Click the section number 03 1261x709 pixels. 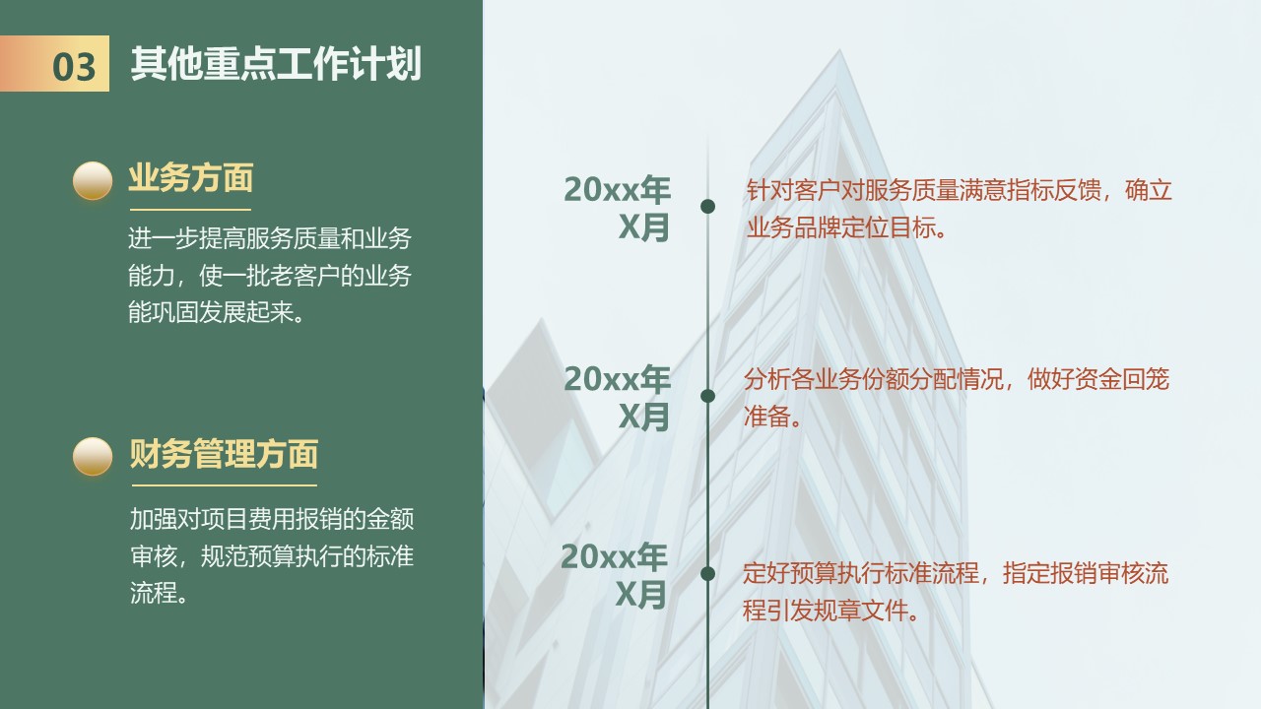pyautogui.click(x=74, y=66)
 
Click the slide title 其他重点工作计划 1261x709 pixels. pyautogui.click(x=276, y=64)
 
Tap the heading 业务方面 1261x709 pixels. pyautogui.click(x=191, y=178)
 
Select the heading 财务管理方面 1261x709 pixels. pyautogui.click(x=224, y=454)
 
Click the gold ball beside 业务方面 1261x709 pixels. pyautogui.click(x=93, y=180)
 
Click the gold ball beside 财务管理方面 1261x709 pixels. pyautogui.click(x=93, y=456)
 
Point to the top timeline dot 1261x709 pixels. pyautogui.click(x=707, y=207)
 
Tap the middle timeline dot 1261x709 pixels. pyautogui.click(x=707, y=396)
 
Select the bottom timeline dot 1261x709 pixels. pyautogui.click(x=707, y=574)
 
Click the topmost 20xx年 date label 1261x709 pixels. pyautogui.click(x=617, y=190)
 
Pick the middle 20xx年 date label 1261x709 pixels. pyautogui.click(x=617, y=379)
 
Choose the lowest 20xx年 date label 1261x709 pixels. pyautogui.click(x=614, y=556)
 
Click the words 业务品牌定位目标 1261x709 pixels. pyautogui.click(x=841, y=227)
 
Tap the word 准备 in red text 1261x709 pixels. pyautogui.click(x=766, y=417)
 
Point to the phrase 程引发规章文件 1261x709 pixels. pyautogui.click(x=825, y=611)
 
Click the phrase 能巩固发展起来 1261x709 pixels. pyautogui.click(x=211, y=312)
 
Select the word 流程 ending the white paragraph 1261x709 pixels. pyautogui.click(x=153, y=593)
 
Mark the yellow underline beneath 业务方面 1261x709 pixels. pyautogui.click(x=190, y=210)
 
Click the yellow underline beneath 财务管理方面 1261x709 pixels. pyautogui.click(x=225, y=485)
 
